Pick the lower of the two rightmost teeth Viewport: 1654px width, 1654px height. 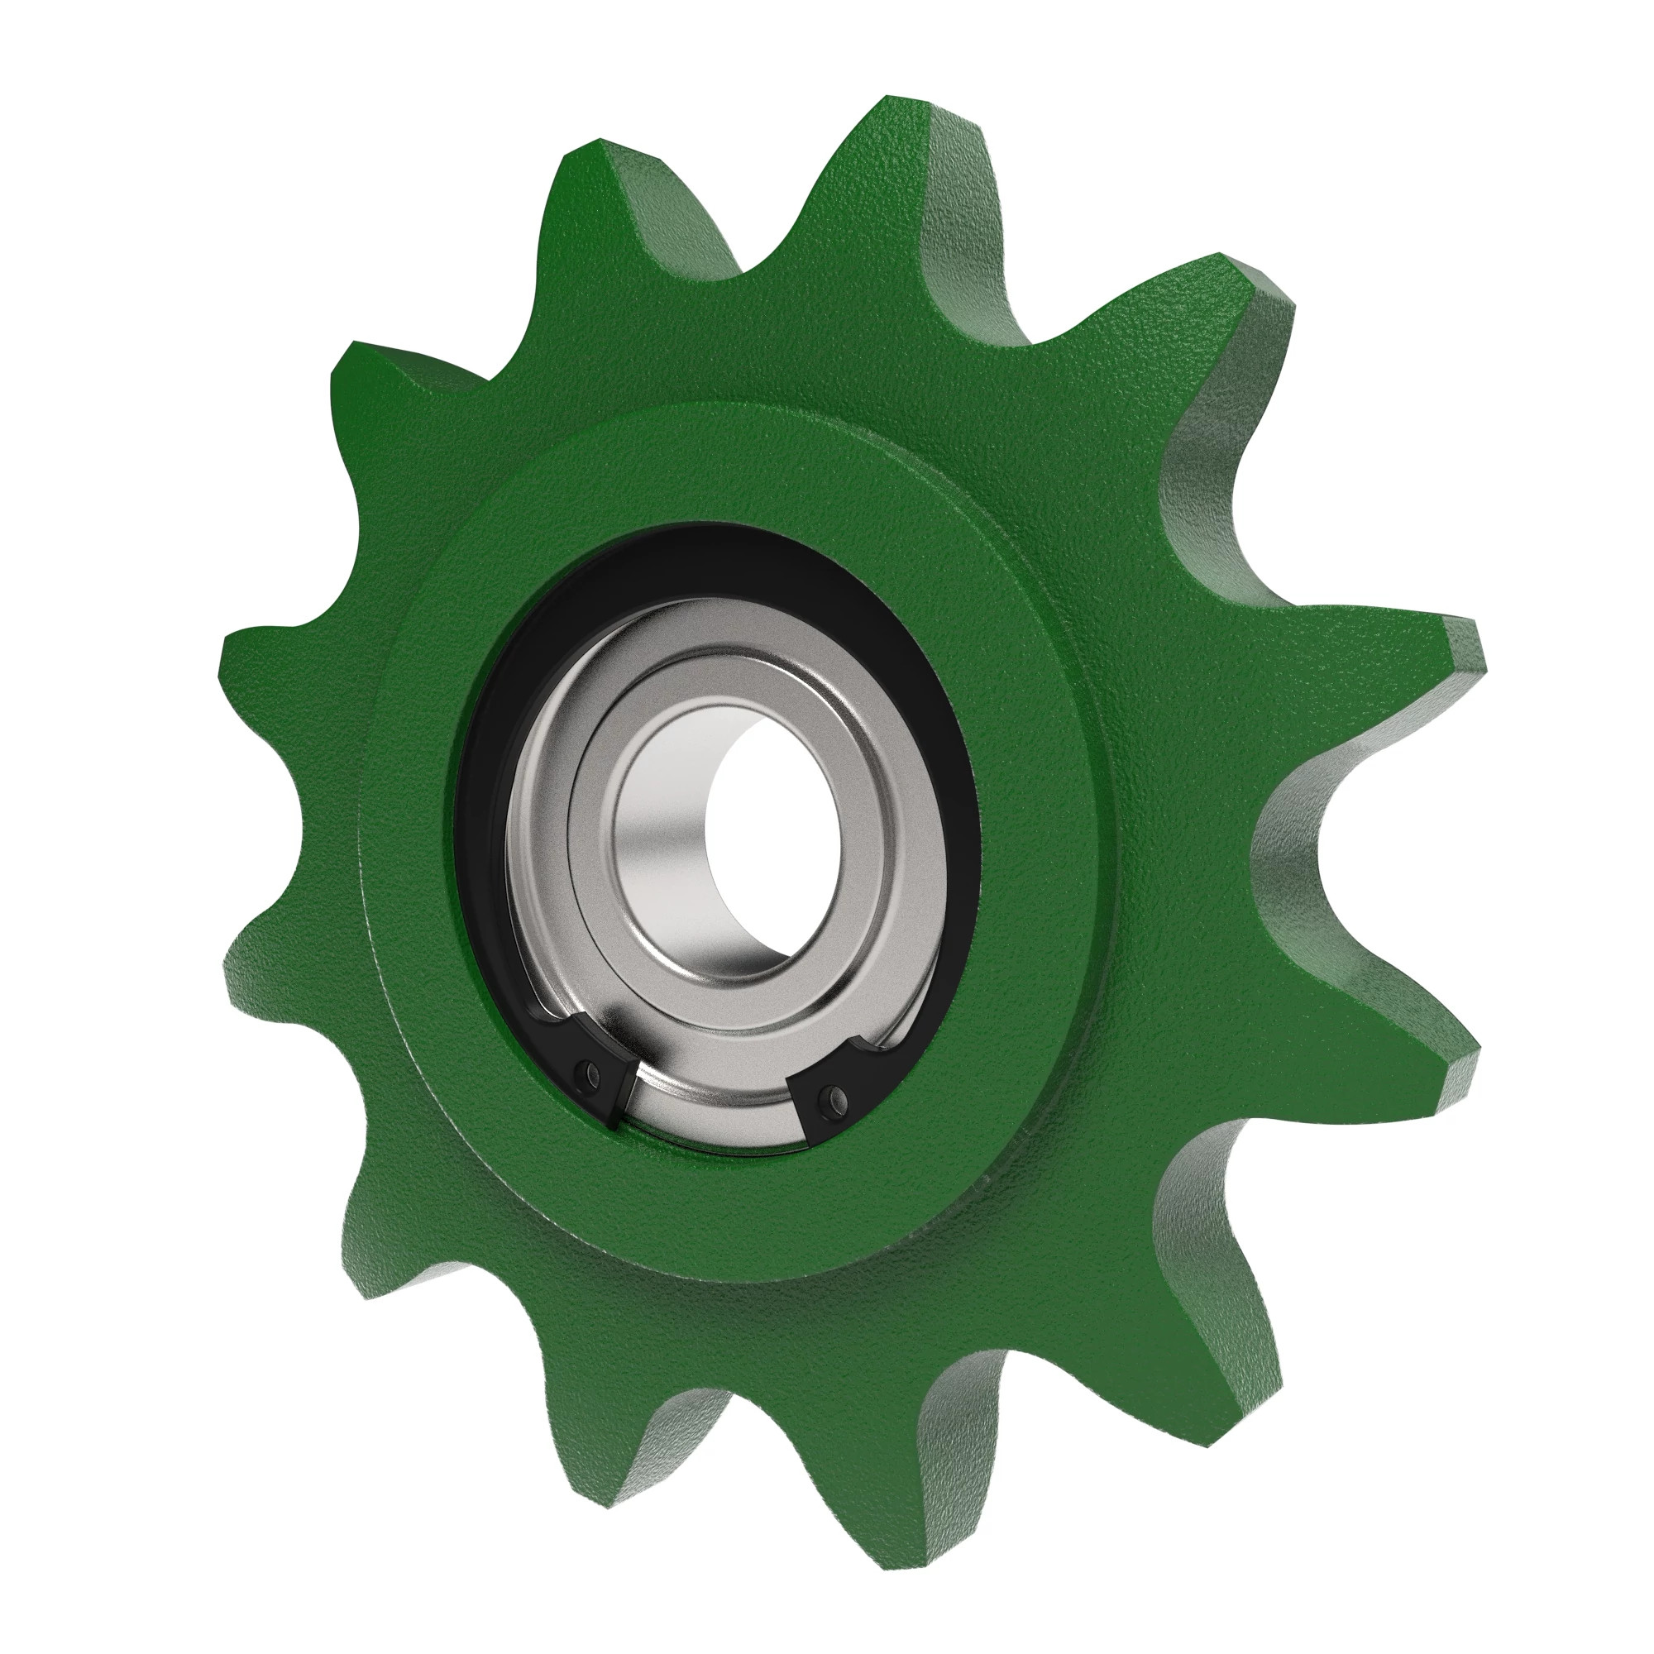(x=1438, y=1070)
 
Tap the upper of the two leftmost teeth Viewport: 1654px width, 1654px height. (x=257, y=651)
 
